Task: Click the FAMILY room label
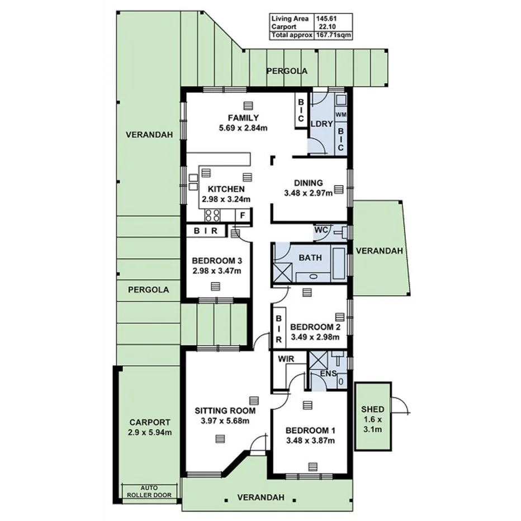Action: pos(243,117)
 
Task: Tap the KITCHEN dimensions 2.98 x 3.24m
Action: pos(226,199)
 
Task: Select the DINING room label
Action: pos(309,183)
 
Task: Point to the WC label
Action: pos(321,230)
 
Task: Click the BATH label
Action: pos(310,258)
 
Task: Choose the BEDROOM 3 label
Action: pos(216,260)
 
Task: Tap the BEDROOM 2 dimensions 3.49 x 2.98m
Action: pos(315,338)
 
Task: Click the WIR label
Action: pos(286,359)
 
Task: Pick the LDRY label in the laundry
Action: pos(321,124)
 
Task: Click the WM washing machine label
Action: pos(340,114)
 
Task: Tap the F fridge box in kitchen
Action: pos(243,215)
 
